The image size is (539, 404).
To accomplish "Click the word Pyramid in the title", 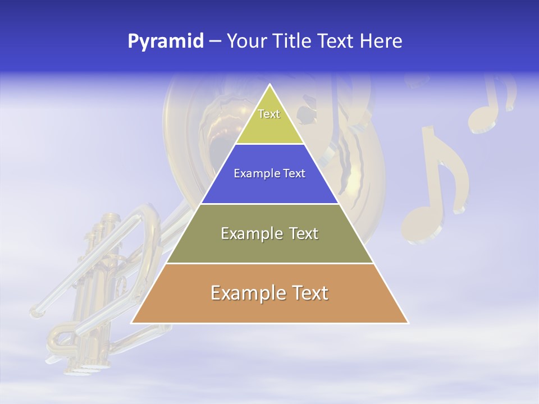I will point(165,42).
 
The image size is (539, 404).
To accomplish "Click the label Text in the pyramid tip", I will point(269,114).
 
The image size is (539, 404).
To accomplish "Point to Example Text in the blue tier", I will point(269,173).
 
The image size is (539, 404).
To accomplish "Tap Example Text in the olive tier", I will point(269,233).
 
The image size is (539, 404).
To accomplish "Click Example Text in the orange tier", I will point(269,293).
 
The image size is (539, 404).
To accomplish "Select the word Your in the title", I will point(248,42).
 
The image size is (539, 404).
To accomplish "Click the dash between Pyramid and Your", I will point(214,42).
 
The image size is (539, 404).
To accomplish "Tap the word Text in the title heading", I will point(336,42).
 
